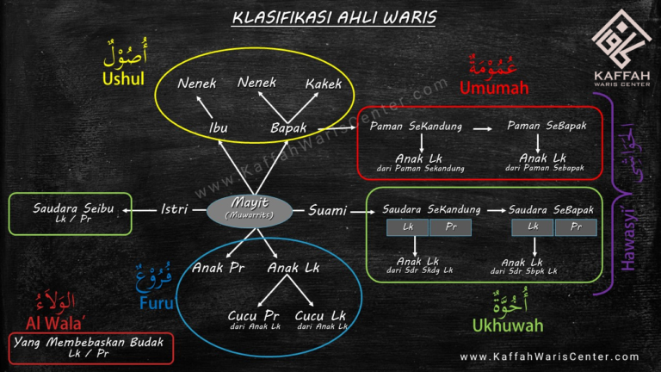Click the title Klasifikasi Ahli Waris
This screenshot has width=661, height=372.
pyautogui.click(x=335, y=16)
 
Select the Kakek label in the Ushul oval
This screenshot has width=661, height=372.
pyautogui.click(x=323, y=84)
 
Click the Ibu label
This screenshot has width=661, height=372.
pyautogui.click(x=219, y=127)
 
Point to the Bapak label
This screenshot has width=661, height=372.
pyautogui.click(x=288, y=127)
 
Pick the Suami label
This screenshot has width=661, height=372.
pyautogui.click(x=327, y=209)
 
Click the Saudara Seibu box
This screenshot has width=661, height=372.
pyautogui.click(x=69, y=213)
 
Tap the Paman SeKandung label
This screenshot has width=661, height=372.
pyautogui.click(x=416, y=126)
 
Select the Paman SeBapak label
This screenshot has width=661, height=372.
pyautogui.click(x=547, y=126)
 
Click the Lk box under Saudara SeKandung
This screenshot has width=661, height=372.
pyautogui.click(x=408, y=227)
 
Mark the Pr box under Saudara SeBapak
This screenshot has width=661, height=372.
pyautogui.click(x=575, y=227)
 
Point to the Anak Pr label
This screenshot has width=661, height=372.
pyautogui.click(x=219, y=268)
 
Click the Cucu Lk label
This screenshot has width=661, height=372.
pyautogui.click(x=320, y=316)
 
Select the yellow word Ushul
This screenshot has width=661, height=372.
pyautogui.click(x=124, y=78)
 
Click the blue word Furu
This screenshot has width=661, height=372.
pyautogui.click(x=156, y=303)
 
